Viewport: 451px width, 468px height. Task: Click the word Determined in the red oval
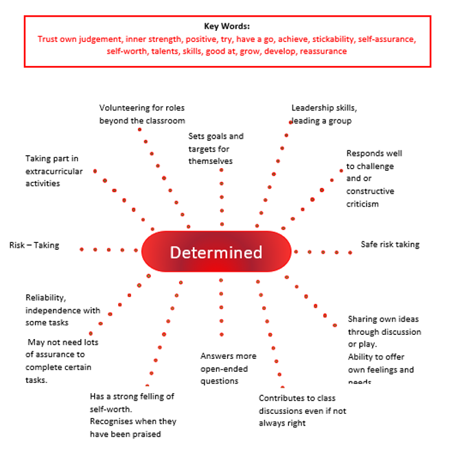[x=216, y=253]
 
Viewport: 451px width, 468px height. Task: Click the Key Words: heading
[x=227, y=26]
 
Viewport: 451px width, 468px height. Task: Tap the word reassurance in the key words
[x=319, y=51]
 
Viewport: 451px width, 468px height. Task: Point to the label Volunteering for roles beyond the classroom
[x=141, y=114]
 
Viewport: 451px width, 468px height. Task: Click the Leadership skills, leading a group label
[x=323, y=114]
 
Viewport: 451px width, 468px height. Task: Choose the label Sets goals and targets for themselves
[x=216, y=148]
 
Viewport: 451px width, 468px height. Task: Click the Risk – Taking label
[x=34, y=245]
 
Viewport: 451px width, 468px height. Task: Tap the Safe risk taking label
[x=390, y=244]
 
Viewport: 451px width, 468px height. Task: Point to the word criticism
[x=362, y=204]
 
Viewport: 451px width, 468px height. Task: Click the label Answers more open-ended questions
[x=228, y=368]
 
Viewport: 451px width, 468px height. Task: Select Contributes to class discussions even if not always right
[x=302, y=410]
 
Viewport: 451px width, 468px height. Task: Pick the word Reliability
[x=45, y=298]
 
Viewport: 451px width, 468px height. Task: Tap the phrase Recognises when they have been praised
[x=133, y=427]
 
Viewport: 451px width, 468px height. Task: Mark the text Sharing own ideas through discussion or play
[x=383, y=331]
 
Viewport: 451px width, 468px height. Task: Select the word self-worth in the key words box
[x=126, y=51]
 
